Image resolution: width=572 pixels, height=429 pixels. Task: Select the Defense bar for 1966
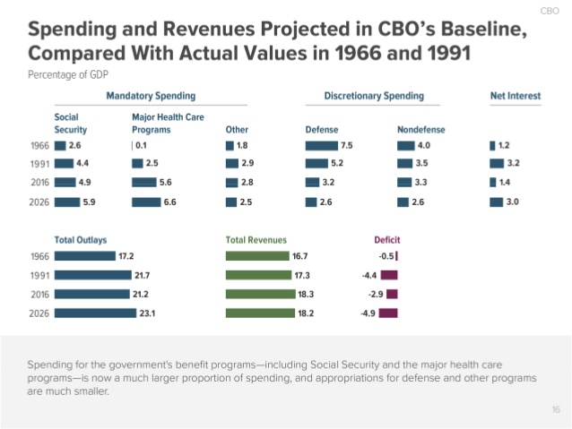coord(321,145)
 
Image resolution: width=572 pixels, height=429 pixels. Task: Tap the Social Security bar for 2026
coord(66,202)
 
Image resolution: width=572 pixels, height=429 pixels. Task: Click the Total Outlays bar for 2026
coord(92,313)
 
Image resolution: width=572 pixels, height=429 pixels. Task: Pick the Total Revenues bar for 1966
coord(258,256)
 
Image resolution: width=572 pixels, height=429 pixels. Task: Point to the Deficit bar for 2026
coord(388,313)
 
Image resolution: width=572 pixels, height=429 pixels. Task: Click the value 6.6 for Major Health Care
coord(170,202)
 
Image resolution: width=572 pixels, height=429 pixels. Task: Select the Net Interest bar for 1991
coord(497,164)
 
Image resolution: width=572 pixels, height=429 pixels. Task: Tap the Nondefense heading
coord(420,130)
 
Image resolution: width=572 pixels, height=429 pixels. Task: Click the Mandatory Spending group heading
coord(151,95)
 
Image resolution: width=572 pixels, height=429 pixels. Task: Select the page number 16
coord(556,409)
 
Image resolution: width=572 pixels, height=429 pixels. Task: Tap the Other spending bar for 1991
coord(231,164)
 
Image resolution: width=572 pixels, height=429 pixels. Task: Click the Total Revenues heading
coord(256,240)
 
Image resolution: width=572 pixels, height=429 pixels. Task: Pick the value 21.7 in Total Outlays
coord(141,275)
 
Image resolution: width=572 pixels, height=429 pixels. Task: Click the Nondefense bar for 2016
coord(405,183)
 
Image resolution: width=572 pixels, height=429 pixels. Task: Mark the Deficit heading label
coord(386,240)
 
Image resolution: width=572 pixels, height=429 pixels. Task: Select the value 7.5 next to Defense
coord(347,145)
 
